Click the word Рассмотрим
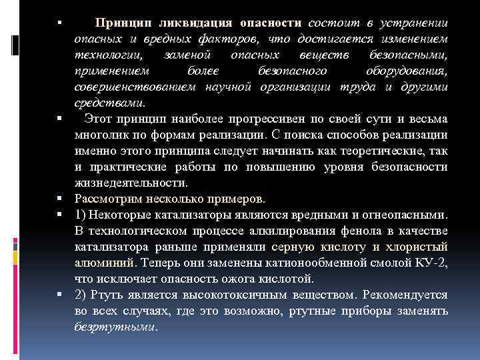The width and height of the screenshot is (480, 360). tap(107, 199)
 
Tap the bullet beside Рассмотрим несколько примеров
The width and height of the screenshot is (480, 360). tap(60, 199)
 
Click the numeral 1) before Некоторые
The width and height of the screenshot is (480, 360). tap(81, 215)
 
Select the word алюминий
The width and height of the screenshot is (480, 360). tap(104, 263)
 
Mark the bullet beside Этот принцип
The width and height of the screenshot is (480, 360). tap(60, 119)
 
